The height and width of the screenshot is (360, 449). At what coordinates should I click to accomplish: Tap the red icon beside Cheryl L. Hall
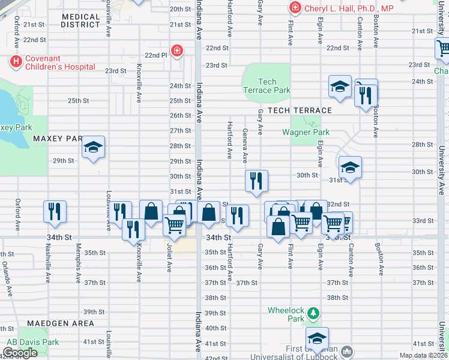click(295, 8)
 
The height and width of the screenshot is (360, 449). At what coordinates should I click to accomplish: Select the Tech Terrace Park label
click(267, 86)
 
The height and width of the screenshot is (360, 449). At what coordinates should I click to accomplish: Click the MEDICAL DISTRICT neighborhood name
click(80, 20)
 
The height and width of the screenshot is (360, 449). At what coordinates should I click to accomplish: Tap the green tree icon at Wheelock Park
click(312, 313)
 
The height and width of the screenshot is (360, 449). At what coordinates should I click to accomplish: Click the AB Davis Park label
click(32, 342)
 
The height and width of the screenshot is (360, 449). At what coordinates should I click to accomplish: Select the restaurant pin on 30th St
click(256, 180)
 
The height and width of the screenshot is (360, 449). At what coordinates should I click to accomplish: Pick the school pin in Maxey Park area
click(94, 148)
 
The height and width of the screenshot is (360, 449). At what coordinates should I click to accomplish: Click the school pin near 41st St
click(317, 338)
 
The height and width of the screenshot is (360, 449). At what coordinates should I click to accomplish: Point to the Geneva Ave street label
click(245, 145)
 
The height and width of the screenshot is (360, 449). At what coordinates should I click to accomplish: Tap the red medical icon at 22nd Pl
click(177, 50)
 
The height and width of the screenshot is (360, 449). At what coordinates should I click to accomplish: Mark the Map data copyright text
click(424, 355)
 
